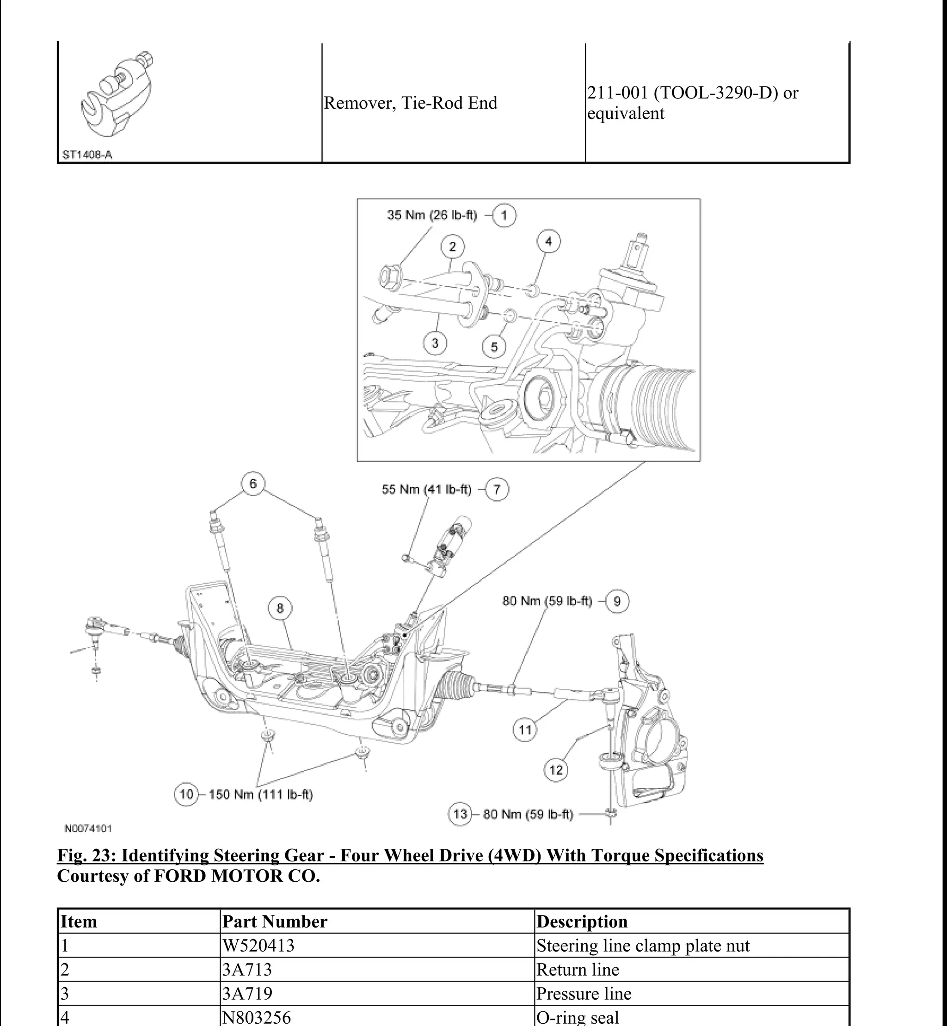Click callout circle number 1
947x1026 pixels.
click(504, 215)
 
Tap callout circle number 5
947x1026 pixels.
click(494, 347)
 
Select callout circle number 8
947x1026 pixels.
click(280, 608)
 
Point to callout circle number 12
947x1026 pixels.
click(556, 770)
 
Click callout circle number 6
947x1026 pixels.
click(253, 484)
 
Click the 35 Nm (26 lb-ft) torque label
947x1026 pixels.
click(431, 215)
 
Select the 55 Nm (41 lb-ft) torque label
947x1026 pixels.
click(426, 490)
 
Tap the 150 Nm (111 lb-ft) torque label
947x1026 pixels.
click(261, 795)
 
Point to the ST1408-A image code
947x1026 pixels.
click(87, 155)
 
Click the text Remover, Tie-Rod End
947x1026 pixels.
click(411, 103)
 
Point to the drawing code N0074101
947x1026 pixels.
click(88, 829)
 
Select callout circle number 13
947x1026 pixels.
click(460, 814)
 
